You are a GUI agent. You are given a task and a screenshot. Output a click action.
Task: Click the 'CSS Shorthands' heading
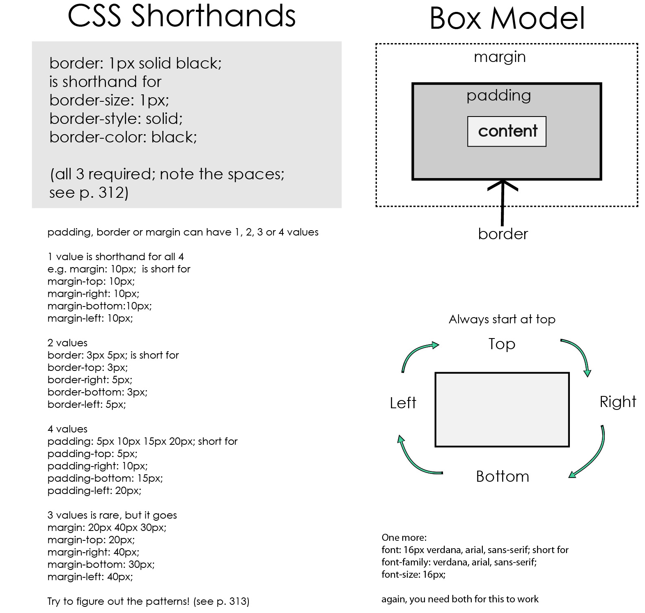pyautogui.click(x=181, y=16)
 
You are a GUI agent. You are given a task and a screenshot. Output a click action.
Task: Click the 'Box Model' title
pyautogui.click(x=507, y=18)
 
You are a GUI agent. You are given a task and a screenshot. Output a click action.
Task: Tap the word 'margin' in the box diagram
pyautogui.click(x=500, y=57)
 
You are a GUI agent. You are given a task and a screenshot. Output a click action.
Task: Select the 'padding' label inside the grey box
pyautogui.click(x=498, y=96)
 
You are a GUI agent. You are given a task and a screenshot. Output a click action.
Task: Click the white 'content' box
pyautogui.click(x=507, y=131)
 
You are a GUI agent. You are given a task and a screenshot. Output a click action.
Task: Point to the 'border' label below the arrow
pyautogui.click(x=503, y=234)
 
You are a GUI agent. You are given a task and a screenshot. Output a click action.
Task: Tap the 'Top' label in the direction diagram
pyautogui.click(x=502, y=344)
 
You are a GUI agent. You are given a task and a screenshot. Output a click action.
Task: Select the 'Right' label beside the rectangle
pyautogui.click(x=618, y=402)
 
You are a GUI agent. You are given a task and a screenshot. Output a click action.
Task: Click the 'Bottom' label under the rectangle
pyautogui.click(x=503, y=476)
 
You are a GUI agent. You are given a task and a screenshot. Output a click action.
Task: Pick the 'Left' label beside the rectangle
pyautogui.click(x=403, y=403)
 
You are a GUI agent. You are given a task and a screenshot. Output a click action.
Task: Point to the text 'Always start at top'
pyautogui.click(x=502, y=319)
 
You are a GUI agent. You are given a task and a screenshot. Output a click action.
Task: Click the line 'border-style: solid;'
pyautogui.click(x=116, y=119)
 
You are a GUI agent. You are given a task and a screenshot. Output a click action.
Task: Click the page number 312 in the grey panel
pyautogui.click(x=111, y=192)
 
